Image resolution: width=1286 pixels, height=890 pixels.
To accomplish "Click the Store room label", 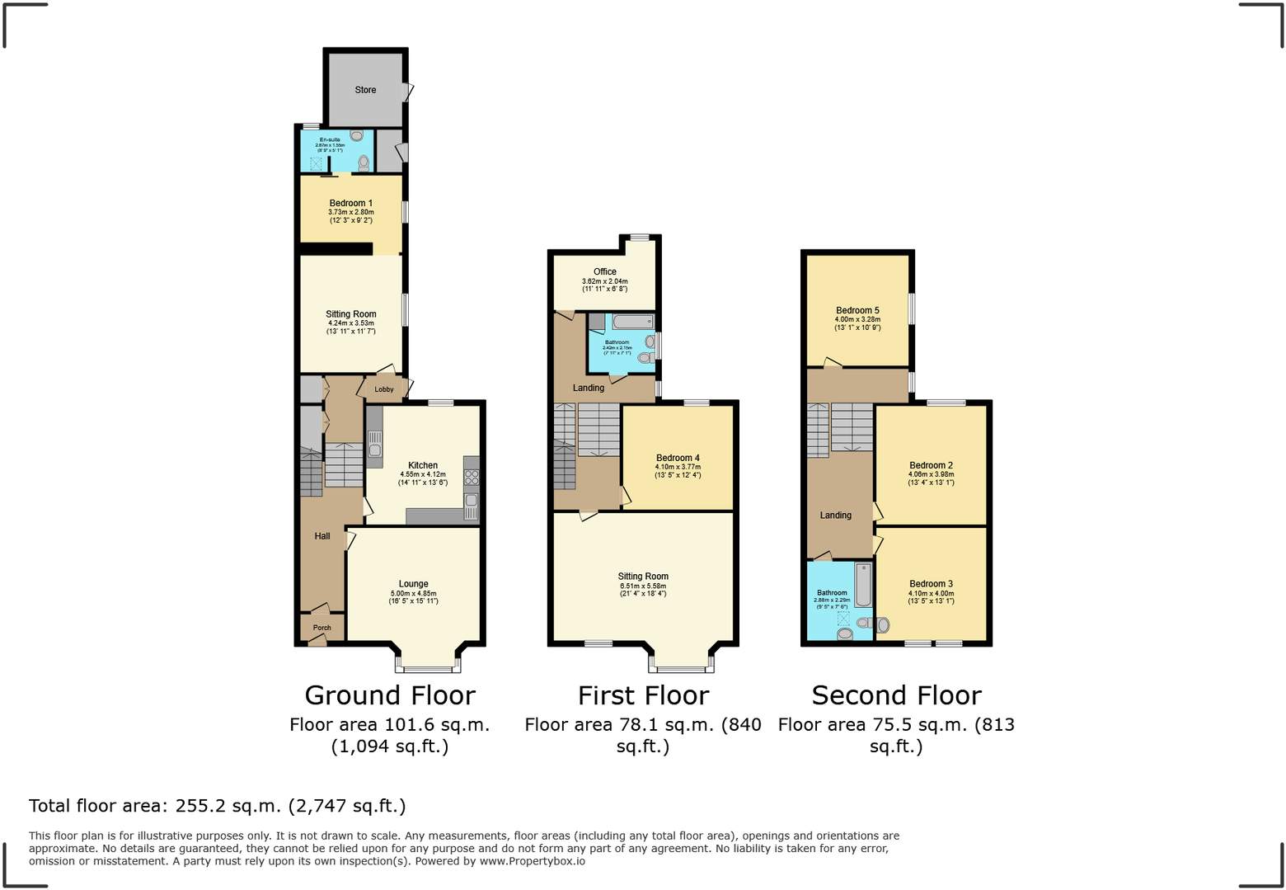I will tap(365, 90).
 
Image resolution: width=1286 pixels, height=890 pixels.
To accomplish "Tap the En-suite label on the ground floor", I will tap(330, 140).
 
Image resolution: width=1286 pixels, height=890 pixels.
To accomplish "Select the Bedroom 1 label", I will tap(350, 203).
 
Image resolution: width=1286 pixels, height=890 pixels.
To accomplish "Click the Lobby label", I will tap(384, 389).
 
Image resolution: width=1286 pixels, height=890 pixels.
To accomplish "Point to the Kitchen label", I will tap(423, 465).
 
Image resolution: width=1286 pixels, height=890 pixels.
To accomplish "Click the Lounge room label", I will tap(413, 584).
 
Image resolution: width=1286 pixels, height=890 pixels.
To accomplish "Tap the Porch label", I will tap(321, 628).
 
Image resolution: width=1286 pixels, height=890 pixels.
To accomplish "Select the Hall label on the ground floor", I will tap(321, 536).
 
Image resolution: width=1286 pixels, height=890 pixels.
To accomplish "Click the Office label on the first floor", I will tap(604, 271).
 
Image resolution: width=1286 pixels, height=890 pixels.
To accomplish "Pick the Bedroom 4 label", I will tap(678, 458).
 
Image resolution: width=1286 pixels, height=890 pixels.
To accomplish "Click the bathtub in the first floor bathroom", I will tap(633, 322).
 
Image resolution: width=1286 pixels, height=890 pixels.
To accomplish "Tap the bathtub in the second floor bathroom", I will tap(863, 585).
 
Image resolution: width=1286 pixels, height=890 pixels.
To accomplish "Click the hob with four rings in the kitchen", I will tap(472, 478).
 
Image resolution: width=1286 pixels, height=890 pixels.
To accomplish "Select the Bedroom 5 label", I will tap(857, 311).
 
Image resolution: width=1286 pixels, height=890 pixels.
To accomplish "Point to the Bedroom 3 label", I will tap(931, 584).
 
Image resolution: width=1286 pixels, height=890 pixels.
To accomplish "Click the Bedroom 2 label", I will tap(931, 465).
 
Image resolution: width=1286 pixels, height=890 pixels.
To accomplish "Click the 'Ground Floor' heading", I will tap(390, 695).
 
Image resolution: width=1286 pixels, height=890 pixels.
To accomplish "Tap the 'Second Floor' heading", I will tap(896, 695).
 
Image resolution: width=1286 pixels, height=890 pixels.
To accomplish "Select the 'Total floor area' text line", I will tap(218, 806).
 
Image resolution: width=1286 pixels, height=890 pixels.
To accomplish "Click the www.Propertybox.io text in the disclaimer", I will tap(532, 861).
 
